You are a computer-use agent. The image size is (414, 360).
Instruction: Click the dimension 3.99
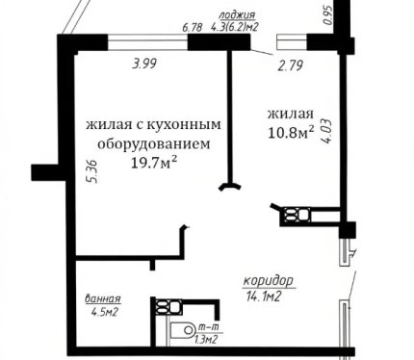pos(144,64)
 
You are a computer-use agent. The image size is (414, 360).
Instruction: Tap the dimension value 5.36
pos(92,171)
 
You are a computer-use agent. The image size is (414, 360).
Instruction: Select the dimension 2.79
pos(291,65)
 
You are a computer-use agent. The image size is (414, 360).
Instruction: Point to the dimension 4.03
pos(325,131)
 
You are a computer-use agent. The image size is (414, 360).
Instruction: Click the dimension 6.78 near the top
pos(193,27)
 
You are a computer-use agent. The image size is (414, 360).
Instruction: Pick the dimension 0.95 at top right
pos(327,15)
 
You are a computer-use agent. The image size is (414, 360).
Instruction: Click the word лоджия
pos(237,15)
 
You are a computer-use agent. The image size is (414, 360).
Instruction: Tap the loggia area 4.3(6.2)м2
pos(235,27)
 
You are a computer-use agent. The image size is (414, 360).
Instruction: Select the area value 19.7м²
pos(154,163)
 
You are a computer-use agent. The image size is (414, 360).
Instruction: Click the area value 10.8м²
pos(291,132)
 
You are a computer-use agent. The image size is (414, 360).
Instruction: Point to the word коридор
pos(269,280)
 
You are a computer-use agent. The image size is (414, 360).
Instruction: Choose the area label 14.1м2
pos(264,296)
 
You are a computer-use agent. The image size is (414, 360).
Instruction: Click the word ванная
pos(103,298)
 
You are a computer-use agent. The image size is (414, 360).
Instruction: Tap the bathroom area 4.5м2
pos(104,312)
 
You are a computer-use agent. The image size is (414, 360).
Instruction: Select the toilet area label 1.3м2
pos(206,340)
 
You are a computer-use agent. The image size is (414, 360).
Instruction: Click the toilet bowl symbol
pos(183,330)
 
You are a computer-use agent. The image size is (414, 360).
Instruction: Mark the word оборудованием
pos(154,144)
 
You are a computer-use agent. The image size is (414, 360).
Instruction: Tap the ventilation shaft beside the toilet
pos(168,307)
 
